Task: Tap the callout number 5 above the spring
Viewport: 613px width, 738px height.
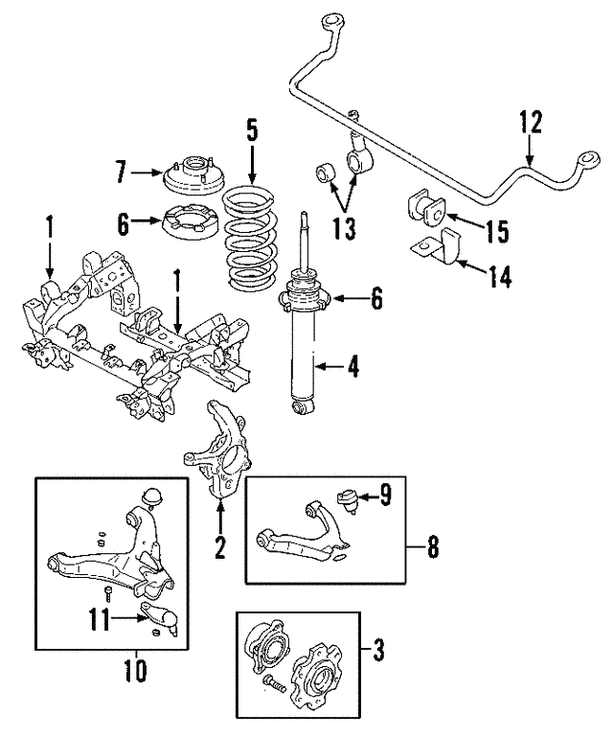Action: click(x=252, y=130)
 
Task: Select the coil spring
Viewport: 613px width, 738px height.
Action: click(x=250, y=240)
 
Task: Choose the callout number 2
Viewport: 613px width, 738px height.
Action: click(x=219, y=548)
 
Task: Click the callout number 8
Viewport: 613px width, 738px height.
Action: click(x=432, y=548)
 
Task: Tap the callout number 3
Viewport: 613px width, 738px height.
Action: click(x=378, y=653)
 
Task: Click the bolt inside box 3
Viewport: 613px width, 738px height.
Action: click(x=271, y=684)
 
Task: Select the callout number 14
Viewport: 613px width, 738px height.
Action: click(x=498, y=278)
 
